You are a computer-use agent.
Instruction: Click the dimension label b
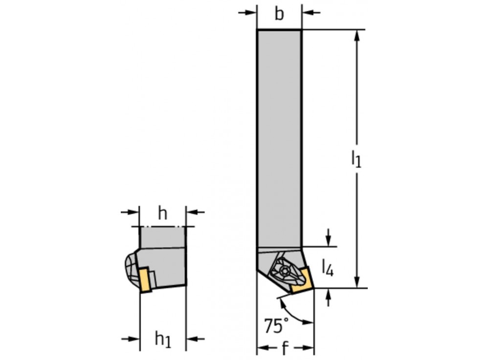pos(279,14)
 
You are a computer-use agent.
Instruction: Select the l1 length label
pos(356,159)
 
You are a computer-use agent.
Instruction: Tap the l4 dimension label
pos(328,268)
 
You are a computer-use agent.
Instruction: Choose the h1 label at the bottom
pos(162,338)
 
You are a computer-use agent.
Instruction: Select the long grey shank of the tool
pos(279,137)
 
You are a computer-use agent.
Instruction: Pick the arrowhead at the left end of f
pos(261,348)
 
